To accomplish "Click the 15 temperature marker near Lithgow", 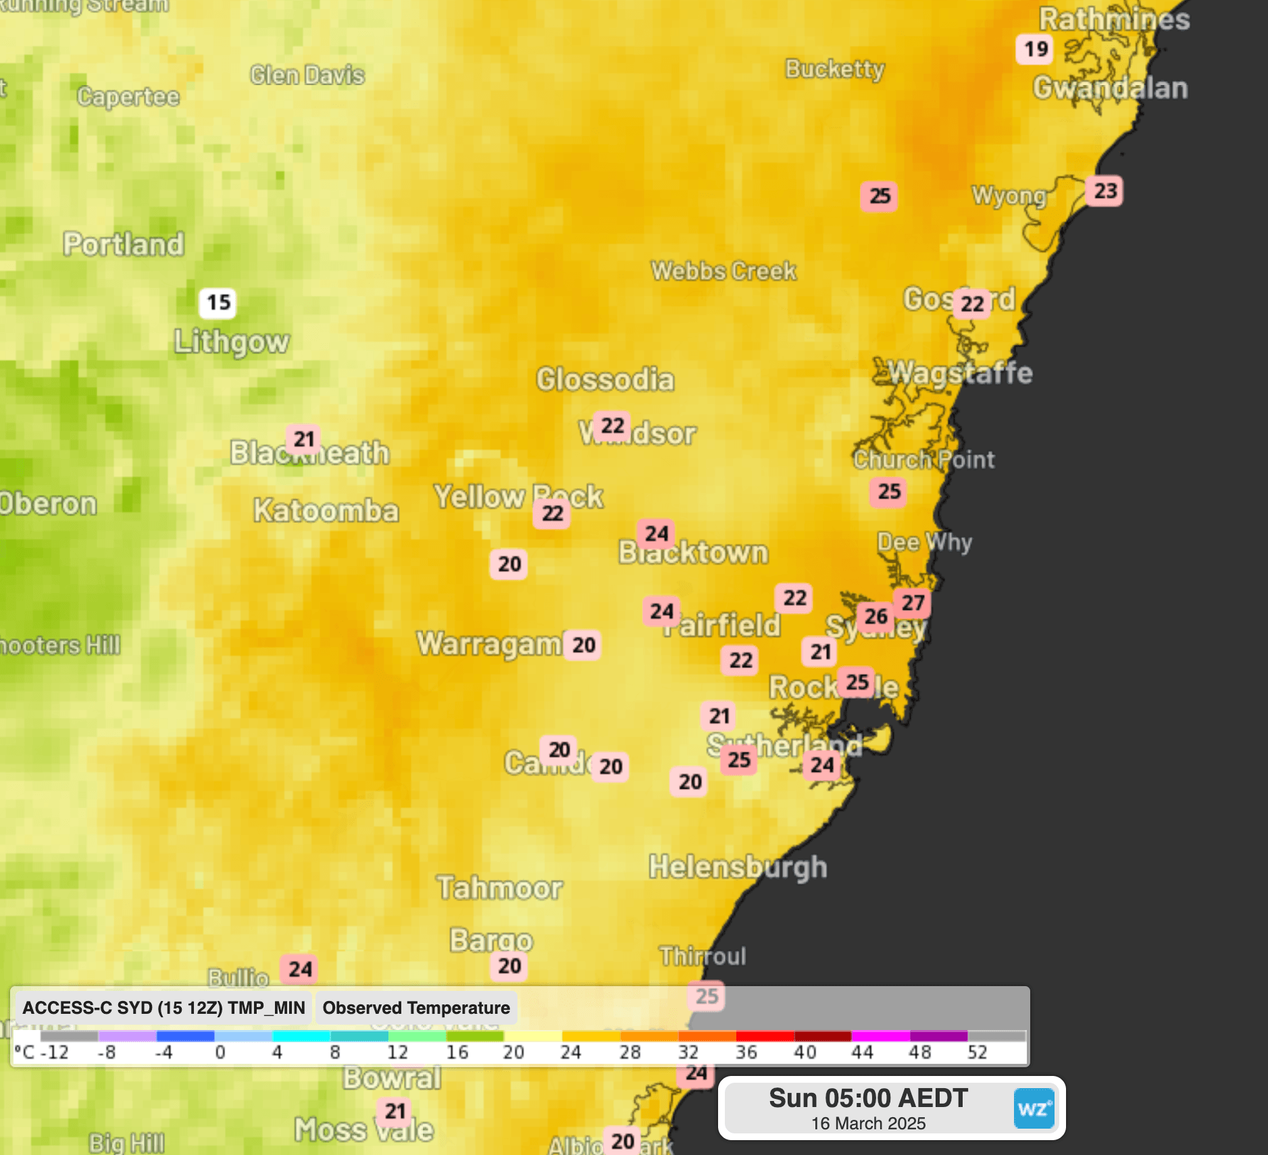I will (218, 303).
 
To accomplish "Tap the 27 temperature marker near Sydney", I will (912, 602).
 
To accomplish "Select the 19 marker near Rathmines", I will (1035, 49).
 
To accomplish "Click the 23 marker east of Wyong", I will (1105, 191).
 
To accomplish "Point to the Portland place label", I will (124, 245).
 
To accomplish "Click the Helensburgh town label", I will (738, 867).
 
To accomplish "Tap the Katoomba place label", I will (326, 511).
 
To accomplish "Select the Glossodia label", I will (605, 380).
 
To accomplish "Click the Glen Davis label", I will (307, 75).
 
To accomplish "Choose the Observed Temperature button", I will (416, 1008).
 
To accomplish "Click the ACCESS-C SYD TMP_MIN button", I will (163, 1008).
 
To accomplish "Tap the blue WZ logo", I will (1034, 1108).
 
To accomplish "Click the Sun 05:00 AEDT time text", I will (868, 1098).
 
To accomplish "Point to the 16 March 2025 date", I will (868, 1123).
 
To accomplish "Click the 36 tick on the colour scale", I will (746, 1052).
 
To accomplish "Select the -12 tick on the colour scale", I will (54, 1052).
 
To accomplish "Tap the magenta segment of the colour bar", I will (880, 1036).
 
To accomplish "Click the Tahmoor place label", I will (499, 888).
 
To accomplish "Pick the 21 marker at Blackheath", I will (304, 439).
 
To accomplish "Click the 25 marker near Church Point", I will (888, 491).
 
